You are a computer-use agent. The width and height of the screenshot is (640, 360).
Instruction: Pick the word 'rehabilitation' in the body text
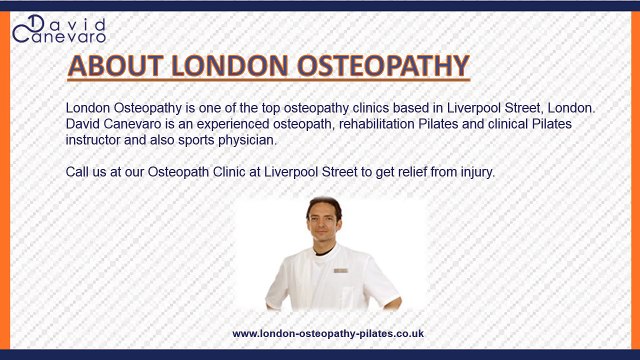click(x=380, y=122)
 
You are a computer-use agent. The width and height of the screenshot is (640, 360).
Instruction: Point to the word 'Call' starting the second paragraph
click(x=79, y=171)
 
